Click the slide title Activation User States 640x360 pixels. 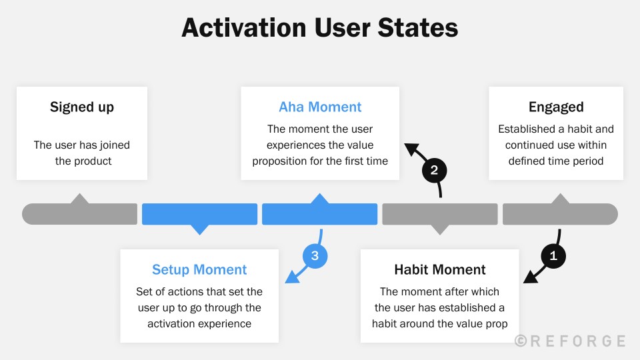[x=320, y=28]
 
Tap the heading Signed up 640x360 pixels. [x=82, y=107]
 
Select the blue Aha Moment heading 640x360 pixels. [x=320, y=107]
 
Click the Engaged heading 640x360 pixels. [x=556, y=107]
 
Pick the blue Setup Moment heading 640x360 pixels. [x=199, y=270]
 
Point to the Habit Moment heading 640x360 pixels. [x=439, y=270]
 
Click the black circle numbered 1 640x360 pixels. [x=553, y=255]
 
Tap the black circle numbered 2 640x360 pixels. [x=434, y=170]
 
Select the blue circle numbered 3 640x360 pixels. [x=315, y=255]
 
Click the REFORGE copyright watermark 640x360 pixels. [x=570, y=341]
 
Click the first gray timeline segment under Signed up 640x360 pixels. [x=80, y=214]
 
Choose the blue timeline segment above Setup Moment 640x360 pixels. [x=199, y=214]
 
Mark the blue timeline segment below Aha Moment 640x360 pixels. [x=320, y=214]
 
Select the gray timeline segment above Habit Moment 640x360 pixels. [x=439, y=214]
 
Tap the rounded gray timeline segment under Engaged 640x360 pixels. [x=560, y=214]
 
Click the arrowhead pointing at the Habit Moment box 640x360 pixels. [x=529, y=278]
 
